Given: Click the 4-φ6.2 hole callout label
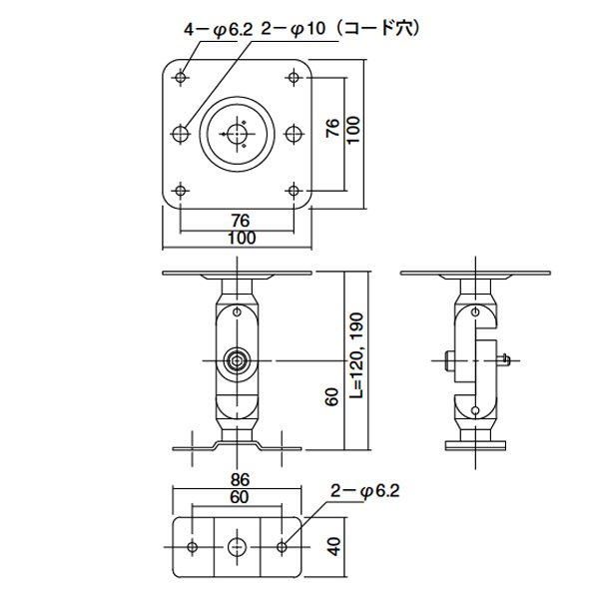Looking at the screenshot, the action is [219, 29].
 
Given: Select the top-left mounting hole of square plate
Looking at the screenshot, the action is [181, 78].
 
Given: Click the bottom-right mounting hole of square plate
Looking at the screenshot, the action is [294, 191].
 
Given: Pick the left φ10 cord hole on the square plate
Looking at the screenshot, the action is [181, 134].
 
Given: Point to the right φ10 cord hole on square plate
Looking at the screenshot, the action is [294, 134].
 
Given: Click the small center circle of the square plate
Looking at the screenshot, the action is [237, 134].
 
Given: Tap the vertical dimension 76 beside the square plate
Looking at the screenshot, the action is [333, 128].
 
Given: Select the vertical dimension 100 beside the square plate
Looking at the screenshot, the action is [354, 130].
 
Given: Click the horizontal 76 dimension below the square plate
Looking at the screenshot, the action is [241, 221].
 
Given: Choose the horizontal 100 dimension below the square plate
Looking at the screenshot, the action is [242, 239].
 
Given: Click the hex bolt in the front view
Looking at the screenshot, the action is [237, 360].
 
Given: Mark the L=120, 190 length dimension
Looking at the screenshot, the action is [356, 356].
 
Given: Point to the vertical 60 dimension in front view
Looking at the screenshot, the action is [333, 397].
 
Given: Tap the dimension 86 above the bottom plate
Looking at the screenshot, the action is [240, 480].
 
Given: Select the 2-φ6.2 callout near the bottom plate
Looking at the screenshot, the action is [364, 491].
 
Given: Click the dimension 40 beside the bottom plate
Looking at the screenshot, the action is [333, 547].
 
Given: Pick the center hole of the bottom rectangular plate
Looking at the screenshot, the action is [237, 547].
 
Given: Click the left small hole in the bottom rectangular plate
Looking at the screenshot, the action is [193, 547].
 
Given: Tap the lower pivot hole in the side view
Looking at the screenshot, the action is [475, 410].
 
